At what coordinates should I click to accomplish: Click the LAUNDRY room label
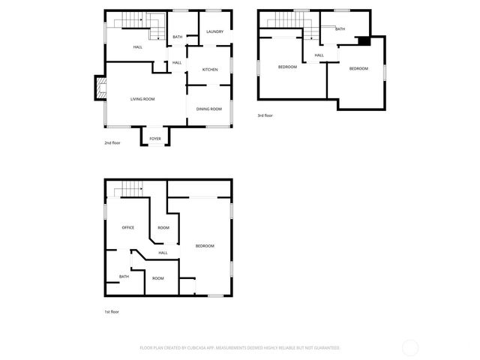point(215,31)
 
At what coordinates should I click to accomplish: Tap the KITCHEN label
point(210,70)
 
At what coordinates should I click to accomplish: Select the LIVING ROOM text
point(142,99)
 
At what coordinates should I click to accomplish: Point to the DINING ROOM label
point(209,109)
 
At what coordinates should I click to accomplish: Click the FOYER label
point(155,139)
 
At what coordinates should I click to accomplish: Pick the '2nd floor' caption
point(112,142)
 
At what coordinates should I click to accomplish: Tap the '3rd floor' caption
point(265,115)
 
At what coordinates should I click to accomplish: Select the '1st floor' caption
point(112,311)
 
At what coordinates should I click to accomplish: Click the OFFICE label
point(128,227)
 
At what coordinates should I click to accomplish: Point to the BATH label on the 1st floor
point(124,277)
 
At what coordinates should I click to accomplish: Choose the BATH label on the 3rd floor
point(340,29)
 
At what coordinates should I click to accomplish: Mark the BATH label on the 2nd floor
point(178,37)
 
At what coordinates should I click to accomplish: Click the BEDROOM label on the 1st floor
point(205,246)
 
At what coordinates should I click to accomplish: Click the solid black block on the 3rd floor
point(363,42)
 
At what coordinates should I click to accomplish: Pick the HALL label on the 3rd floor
point(319,55)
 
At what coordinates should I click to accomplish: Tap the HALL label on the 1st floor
point(163,253)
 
